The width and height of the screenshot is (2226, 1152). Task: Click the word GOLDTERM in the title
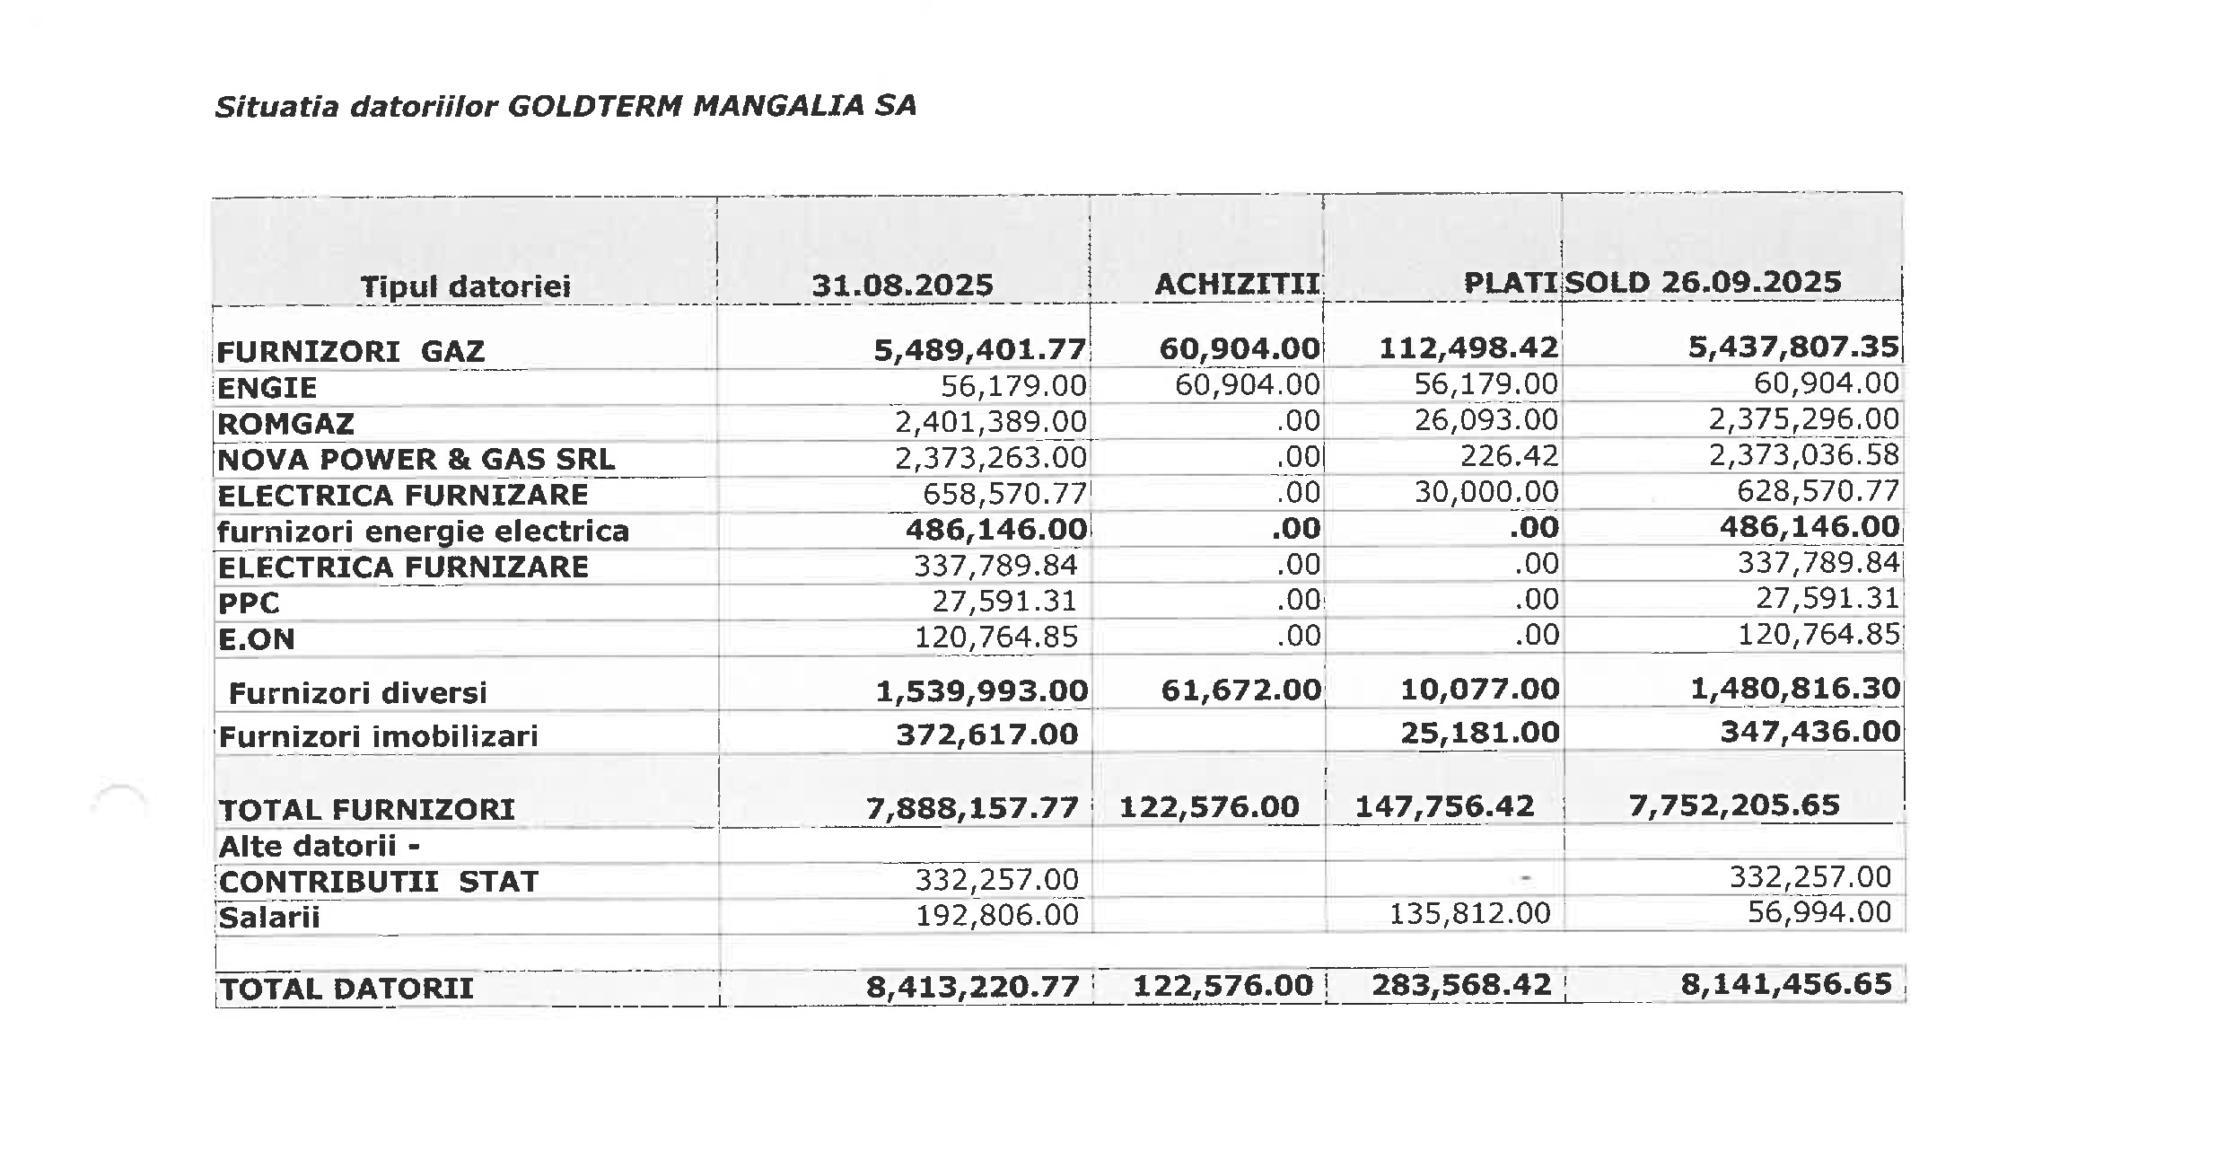(x=595, y=106)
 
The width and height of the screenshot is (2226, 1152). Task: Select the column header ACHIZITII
(x=1237, y=284)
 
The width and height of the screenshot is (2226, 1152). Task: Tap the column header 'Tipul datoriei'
(x=465, y=286)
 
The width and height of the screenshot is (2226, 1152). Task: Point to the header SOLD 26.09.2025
(x=1703, y=282)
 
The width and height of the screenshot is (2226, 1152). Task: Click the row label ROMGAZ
(x=285, y=423)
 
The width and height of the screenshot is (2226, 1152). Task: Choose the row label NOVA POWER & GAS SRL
(x=416, y=459)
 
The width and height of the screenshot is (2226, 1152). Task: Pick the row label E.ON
(x=256, y=638)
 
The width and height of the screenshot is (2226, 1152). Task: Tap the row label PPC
(x=249, y=602)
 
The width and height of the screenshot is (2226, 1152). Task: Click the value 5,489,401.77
(x=979, y=349)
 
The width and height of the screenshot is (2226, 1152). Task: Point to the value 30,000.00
(x=1486, y=492)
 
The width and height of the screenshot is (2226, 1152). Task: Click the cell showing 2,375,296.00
(x=1803, y=419)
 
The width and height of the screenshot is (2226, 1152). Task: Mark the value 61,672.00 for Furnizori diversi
(x=1240, y=690)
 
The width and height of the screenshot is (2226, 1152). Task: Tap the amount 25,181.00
(x=1479, y=733)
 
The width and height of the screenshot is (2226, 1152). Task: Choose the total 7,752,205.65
(x=1734, y=805)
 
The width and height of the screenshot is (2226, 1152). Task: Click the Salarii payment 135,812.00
(x=1469, y=914)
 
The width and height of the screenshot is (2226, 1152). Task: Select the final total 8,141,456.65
(x=1786, y=984)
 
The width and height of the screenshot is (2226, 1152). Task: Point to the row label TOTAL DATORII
(x=346, y=989)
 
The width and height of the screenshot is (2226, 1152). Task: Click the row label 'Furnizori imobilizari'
(x=378, y=736)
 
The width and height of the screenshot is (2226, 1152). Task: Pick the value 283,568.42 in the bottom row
(x=1461, y=985)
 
